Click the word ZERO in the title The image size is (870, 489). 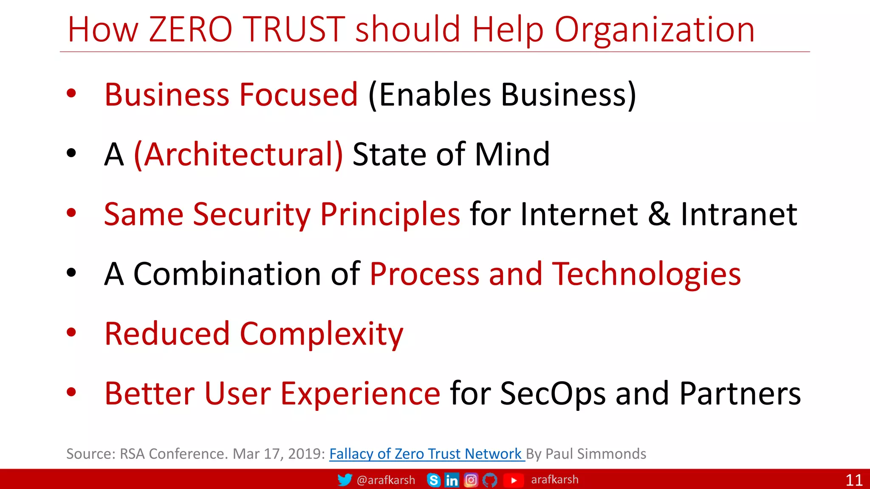[x=191, y=29]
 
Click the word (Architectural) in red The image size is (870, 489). [x=238, y=155]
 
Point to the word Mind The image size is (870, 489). [x=512, y=154]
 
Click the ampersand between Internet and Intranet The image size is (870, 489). [x=659, y=214]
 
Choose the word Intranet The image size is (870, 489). [x=739, y=214]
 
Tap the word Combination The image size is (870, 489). [x=227, y=274]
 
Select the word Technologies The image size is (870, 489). [x=646, y=274]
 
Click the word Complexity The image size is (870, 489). [x=322, y=334]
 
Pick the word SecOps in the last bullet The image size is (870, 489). [x=553, y=394]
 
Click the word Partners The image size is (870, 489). [x=740, y=394]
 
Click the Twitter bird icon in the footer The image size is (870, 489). [x=345, y=480]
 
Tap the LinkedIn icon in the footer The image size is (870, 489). [x=452, y=480]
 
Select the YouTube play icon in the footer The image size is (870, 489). [x=514, y=480]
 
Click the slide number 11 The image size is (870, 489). [x=854, y=480]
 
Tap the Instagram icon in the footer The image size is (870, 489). [x=471, y=480]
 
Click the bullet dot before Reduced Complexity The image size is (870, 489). [x=71, y=332]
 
